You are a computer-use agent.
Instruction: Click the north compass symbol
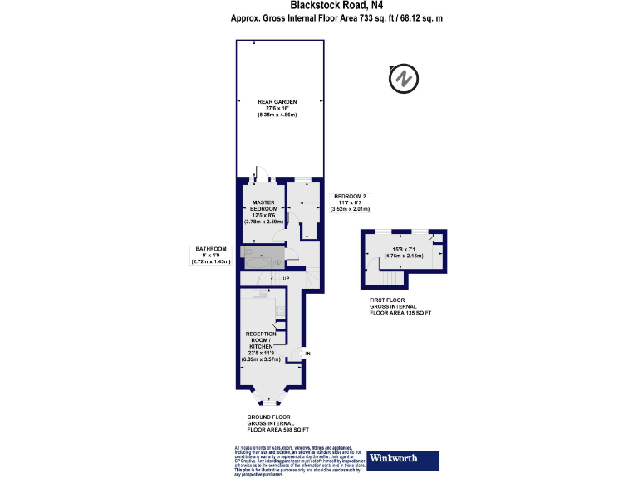tap(402, 78)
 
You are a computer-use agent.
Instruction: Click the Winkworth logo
tap(405, 457)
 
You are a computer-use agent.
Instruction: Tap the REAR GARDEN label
tap(277, 108)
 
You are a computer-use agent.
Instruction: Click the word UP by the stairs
tap(285, 278)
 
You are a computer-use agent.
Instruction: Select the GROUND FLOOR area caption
tap(278, 422)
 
